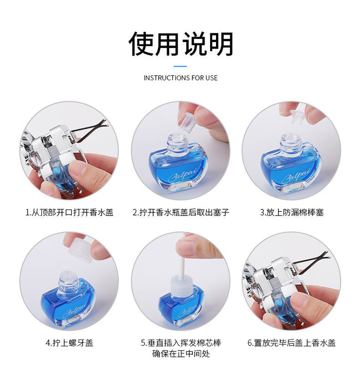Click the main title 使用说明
click(x=180, y=44)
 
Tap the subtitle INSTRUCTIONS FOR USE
click(x=180, y=78)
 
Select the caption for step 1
click(x=69, y=212)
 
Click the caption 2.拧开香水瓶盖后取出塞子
click(x=180, y=212)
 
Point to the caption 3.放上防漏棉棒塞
click(x=292, y=212)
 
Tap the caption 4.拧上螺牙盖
click(x=69, y=343)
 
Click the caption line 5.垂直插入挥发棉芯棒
click(x=180, y=343)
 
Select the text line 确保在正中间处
click(x=180, y=354)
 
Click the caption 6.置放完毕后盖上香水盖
click(x=292, y=343)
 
